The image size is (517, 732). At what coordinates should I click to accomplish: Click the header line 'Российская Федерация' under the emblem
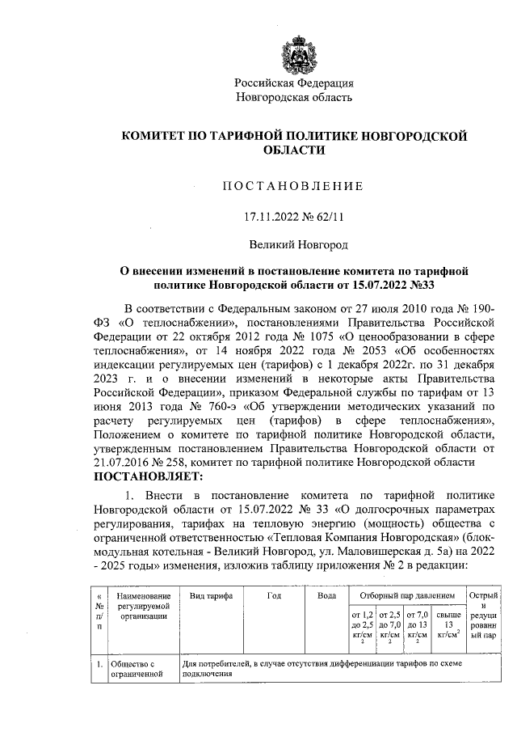coord(293,83)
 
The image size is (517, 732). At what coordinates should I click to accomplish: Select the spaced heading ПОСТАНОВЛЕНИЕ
coord(293,186)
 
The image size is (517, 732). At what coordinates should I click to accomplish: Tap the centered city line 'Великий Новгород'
coord(293,243)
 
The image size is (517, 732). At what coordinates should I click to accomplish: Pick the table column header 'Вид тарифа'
coord(211,595)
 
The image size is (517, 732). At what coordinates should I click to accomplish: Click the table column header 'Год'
coord(274,595)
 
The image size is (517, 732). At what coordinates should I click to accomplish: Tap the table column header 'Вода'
coord(327,595)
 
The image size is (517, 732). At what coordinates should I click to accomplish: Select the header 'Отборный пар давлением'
coord(401,595)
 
